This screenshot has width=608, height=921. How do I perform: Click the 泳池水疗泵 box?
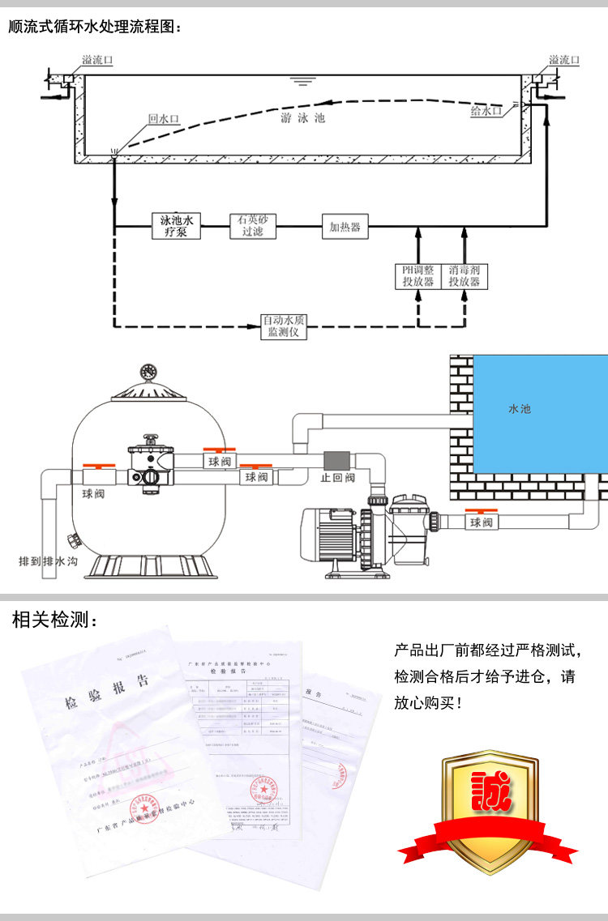176,226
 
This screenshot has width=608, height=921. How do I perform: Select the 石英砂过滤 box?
253,226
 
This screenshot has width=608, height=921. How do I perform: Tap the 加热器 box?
345,226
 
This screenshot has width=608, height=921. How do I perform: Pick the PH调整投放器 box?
417,276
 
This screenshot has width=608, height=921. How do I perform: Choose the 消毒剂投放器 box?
465,276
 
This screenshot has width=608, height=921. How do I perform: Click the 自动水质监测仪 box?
284,326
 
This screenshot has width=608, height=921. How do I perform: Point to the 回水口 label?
163,118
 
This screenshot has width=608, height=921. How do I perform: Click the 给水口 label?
486,111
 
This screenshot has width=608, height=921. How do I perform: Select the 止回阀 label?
338,478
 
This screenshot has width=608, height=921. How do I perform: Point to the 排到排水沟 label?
49,561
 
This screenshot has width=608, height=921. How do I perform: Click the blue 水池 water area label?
519,409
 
